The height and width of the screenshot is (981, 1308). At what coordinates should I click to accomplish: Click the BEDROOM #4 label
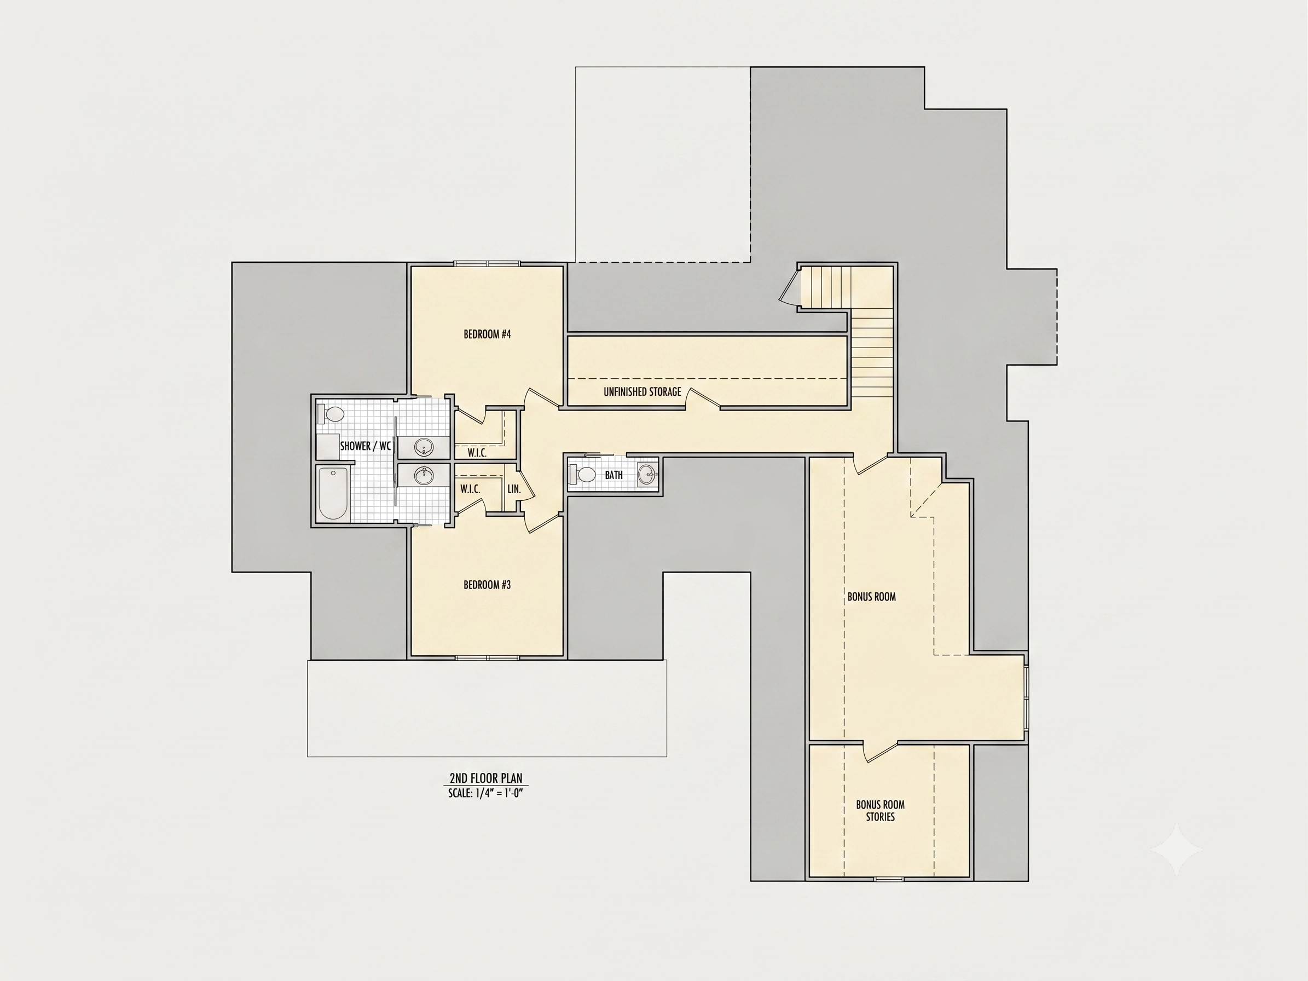(x=487, y=334)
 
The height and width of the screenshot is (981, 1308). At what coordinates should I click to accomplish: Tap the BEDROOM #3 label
(x=487, y=585)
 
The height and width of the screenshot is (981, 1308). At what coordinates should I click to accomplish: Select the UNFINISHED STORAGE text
(x=642, y=391)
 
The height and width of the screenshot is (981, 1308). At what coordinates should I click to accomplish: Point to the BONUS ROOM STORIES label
(x=880, y=811)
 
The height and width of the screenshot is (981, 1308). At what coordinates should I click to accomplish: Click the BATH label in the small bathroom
(x=614, y=475)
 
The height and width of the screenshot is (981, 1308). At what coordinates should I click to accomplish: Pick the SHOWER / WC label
(x=366, y=446)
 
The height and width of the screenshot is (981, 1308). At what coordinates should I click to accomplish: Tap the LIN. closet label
(x=514, y=489)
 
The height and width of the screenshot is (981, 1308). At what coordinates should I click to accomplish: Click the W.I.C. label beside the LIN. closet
(x=470, y=489)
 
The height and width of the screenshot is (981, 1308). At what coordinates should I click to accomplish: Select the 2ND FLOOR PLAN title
(x=486, y=778)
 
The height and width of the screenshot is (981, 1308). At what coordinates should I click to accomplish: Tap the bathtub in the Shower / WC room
(x=332, y=494)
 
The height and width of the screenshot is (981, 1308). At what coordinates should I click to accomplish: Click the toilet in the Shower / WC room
(x=331, y=413)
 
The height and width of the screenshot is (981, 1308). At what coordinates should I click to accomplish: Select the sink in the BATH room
(x=647, y=474)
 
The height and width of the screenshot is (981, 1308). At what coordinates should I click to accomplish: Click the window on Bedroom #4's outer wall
(x=487, y=264)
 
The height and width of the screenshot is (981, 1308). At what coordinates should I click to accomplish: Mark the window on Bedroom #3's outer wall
(x=487, y=657)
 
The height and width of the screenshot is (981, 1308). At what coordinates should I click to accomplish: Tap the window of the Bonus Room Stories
(x=889, y=879)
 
